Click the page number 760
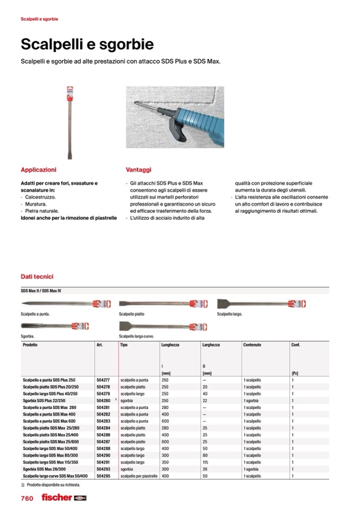[x=27, y=498]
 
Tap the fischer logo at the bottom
[x=56, y=498]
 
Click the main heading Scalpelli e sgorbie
[x=87, y=44]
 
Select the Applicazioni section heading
[x=38, y=170]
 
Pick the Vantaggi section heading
[x=139, y=170]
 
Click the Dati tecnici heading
[x=37, y=277]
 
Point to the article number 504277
[x=103, y=380]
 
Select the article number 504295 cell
[x=103, y=476]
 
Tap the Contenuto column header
[x=252, y=345]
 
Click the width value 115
[x=205, y=462]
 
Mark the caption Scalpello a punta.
[x=35, y=314]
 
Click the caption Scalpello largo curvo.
[x=136, y=337]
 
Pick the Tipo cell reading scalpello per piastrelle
[x=139, y=476]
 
